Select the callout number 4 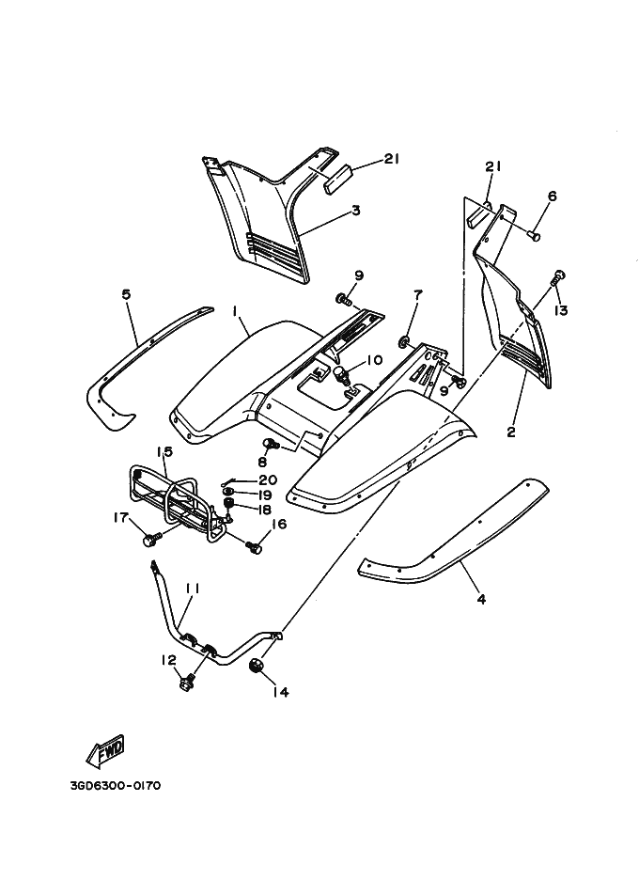[481, 599]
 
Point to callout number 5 [126, 294]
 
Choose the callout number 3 [356, 211]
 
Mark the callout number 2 [511, 432]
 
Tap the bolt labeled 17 [150, 540]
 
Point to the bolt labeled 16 [252, 545]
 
